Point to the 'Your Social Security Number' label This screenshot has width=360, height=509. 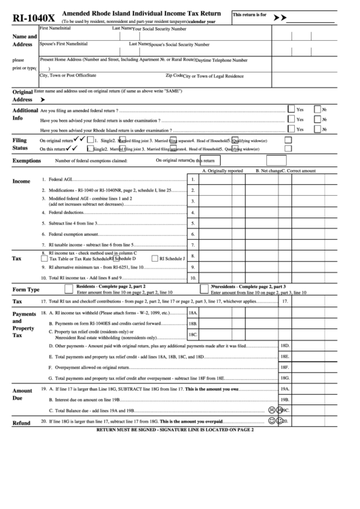tap(159, 29)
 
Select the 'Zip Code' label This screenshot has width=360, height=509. tap(174, 75)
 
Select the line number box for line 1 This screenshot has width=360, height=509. tap(193, 180)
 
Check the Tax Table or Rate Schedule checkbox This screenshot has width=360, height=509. tap(45, 259)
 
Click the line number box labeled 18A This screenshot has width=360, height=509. tap(193, 313)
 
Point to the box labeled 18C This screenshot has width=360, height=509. tap(193, 334)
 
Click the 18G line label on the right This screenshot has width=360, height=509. tap(286, 378)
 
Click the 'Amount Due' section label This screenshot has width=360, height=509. tap(22, 396)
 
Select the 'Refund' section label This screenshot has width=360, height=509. tap(22, 423)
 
